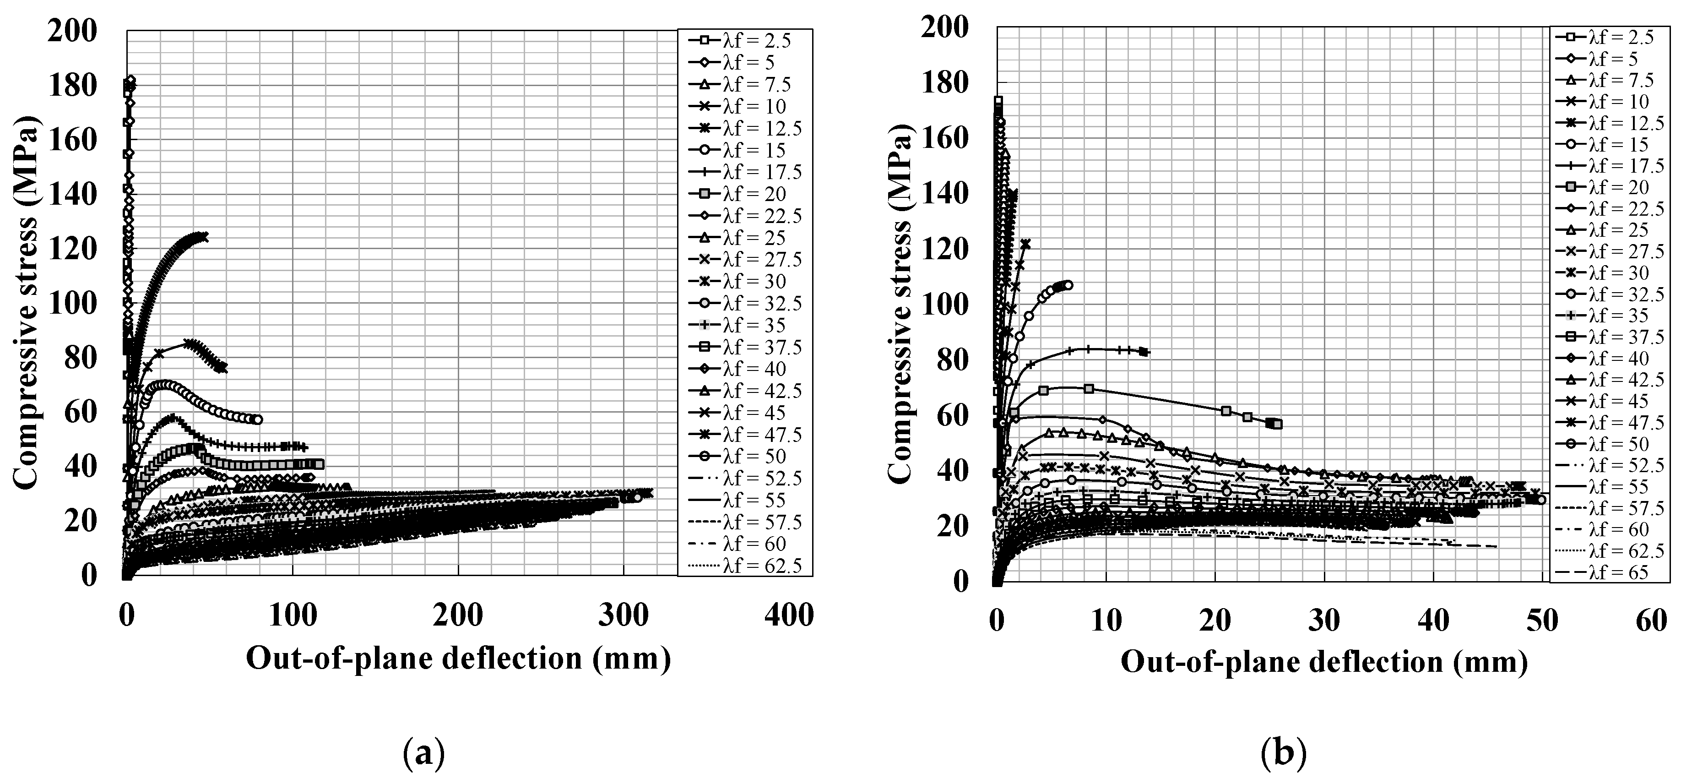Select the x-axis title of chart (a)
pyautogui.click(x=459, y=658)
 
